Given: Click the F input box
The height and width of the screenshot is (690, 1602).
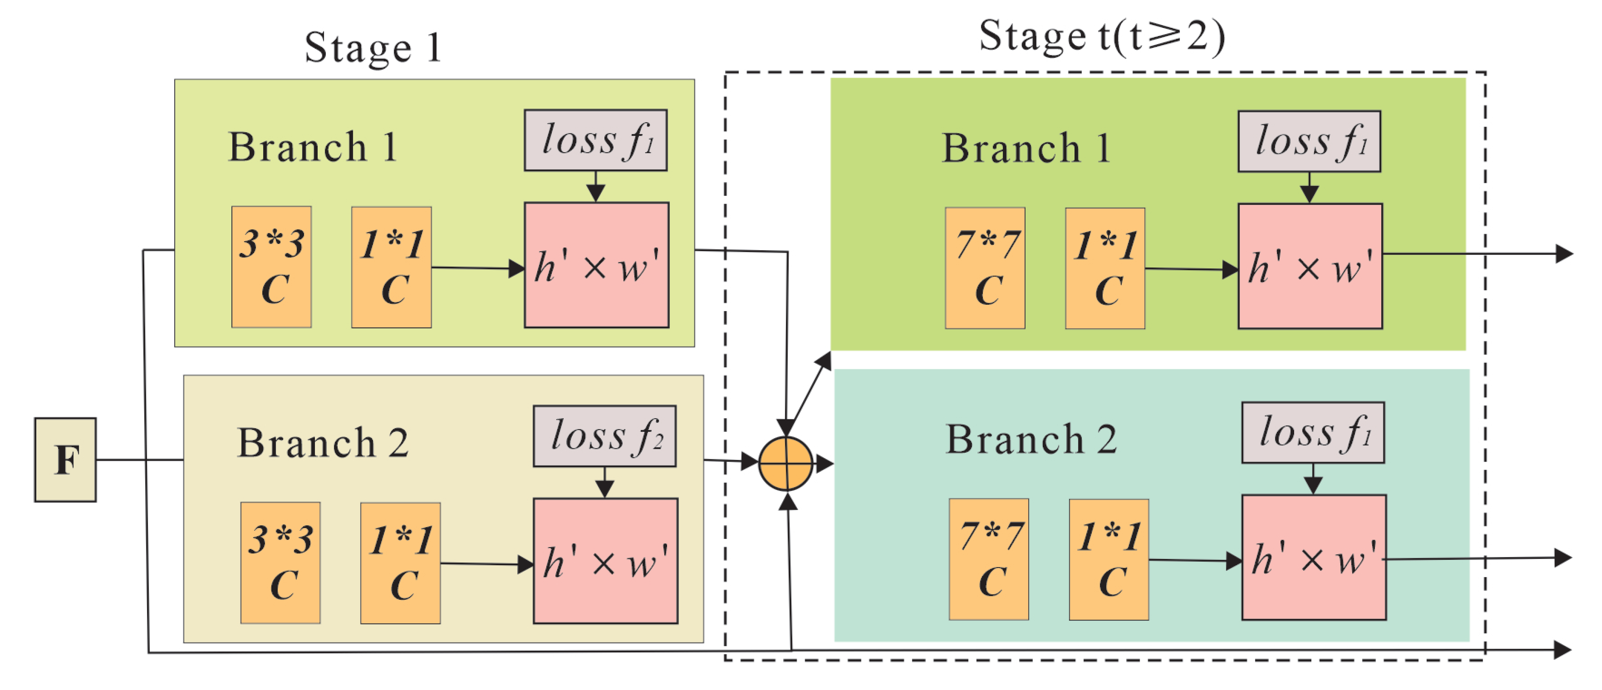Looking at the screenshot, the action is (65, 460).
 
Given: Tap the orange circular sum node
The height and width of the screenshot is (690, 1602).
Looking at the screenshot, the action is (786, 464).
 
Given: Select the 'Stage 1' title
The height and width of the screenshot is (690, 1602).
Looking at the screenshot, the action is (373, 47).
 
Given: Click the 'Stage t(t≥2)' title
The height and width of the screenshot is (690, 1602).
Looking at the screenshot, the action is (1102, 36).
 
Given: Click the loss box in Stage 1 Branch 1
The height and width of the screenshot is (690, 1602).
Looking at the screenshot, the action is (596, 140).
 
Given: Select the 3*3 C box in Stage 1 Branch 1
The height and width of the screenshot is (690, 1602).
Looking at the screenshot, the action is (272, 267).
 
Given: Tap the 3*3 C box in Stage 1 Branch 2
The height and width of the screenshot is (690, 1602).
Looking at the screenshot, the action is (280, 563).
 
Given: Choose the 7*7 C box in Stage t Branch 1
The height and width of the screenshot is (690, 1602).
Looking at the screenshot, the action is (985, 268).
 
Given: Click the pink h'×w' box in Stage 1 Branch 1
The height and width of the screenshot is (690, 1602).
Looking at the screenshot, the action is (597, 265).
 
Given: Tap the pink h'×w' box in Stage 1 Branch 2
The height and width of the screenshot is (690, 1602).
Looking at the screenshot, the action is (606, 561).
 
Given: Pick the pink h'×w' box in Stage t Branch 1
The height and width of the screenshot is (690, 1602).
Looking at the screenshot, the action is (1310, 266).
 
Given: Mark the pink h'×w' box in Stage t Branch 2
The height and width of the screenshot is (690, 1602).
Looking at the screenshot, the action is (1314, 557).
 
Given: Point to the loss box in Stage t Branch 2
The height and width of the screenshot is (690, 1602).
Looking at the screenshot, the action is (1313, 432).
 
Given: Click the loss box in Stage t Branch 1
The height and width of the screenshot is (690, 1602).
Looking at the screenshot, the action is (1310, 141).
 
